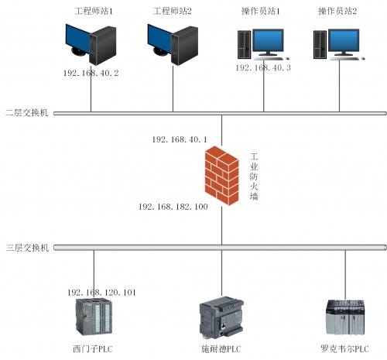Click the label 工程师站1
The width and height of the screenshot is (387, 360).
(94, 12)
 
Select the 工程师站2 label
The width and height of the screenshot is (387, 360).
(173, 12)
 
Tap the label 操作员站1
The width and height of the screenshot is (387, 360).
(261, 12)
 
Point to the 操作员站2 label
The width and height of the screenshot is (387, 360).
(337, 12)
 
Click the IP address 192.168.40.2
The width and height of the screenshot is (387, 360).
(91, 74)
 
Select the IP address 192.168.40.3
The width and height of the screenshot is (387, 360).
(263, 68)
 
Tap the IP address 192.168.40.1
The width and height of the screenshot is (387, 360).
(180, 139)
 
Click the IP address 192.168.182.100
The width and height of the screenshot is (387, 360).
(173, 207)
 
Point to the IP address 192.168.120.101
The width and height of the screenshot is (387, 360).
(101, 293)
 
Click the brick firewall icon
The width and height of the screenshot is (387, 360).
(221, 176)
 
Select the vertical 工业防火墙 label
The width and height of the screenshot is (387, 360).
(254, 177)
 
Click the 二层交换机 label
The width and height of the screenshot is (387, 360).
(27, 113)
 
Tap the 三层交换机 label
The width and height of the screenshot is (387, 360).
(27, 248)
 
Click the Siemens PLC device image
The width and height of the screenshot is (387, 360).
(94, 317)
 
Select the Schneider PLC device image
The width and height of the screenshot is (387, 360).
(221, 317)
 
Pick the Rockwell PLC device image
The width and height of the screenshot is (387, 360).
(345, 317)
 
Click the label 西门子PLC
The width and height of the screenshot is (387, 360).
(93, 349)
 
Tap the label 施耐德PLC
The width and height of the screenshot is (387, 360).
(221, 349)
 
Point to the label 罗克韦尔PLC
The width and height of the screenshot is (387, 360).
(344, 349)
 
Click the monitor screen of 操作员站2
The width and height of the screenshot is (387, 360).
(344, 41)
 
